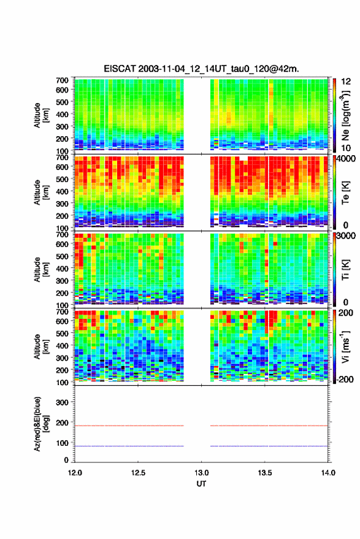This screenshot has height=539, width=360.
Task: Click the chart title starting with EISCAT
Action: [201, 69]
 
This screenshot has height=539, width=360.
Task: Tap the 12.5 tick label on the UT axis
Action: [138, 473]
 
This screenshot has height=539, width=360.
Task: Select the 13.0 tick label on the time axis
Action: [201, 473]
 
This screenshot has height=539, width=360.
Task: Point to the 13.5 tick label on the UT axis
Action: [264, 473]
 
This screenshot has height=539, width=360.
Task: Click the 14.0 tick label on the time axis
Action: [328, 473]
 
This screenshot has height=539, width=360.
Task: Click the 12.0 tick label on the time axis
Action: [75, 473]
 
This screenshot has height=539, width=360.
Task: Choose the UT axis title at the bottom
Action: [201, 484]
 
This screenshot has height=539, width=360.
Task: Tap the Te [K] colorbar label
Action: [345, 193]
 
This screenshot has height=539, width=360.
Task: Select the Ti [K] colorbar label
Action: [345, 270]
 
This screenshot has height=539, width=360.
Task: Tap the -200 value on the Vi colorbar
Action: [345, 380]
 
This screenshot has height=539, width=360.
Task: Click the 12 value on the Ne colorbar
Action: [346, 82]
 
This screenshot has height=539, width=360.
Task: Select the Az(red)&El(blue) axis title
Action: [41, 424]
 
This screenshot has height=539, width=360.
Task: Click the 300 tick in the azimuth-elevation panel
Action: [62, 402]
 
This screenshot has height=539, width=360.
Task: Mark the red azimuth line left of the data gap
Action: [129, 426]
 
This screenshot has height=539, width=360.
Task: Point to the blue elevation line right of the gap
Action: [269, 446]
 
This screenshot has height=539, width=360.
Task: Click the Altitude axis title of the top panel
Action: [41, 115]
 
